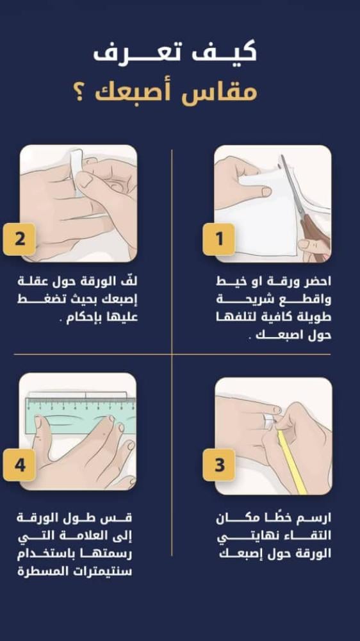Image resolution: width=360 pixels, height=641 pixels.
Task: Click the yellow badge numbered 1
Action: tap(218, 239)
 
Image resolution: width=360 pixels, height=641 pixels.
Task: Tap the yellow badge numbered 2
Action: tap(19, 239)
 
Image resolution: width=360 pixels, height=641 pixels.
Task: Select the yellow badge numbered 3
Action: tap(218, 465)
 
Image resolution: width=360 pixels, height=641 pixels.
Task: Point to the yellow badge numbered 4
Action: tap(19, 465)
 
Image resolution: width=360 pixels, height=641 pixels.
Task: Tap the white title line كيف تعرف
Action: tap(175, 52)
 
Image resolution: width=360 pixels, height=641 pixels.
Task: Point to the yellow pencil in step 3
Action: tap(292, 462)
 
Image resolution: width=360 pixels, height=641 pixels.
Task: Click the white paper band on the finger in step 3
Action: tap(269, 420)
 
